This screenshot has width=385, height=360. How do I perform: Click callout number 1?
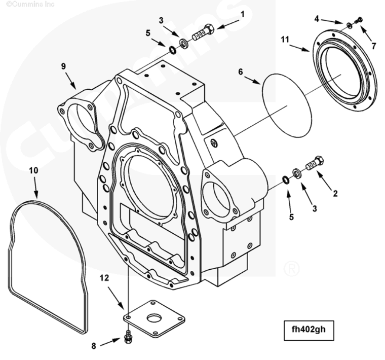242,14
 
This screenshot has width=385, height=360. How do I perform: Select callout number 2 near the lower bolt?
335,193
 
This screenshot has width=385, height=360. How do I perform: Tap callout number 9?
63,66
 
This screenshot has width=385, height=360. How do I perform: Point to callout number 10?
33,170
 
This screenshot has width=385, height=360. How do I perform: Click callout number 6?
241,71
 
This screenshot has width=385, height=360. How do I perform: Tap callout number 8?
94,346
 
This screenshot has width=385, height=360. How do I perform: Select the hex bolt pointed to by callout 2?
315,164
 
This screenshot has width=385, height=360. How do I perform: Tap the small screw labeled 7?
360,20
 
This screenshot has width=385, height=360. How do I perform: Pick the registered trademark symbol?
291,268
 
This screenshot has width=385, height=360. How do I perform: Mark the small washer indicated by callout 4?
350,25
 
